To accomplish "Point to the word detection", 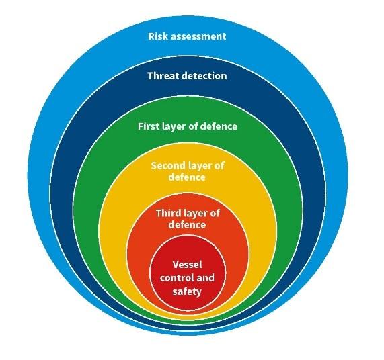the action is coord(204,76).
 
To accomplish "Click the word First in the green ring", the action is coord(147,126).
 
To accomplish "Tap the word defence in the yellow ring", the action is coord(187,177).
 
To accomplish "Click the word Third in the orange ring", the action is coord(167,213).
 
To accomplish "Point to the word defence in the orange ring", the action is coord(187,224).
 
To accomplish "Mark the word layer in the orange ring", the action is coord(194,214).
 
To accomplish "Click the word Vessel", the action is coord(188,265).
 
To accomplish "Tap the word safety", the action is coord(187,291).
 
